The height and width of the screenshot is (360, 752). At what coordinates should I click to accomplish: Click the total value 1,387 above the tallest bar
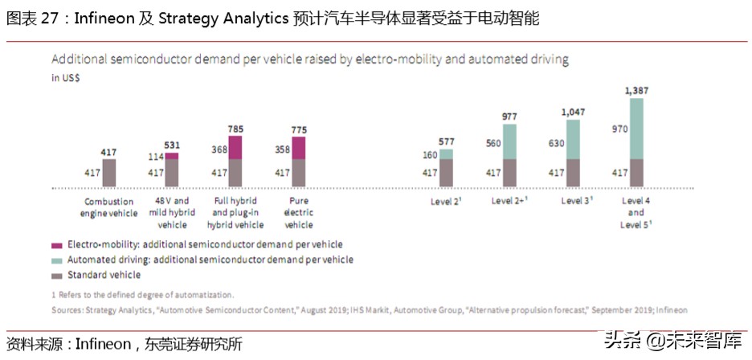636,90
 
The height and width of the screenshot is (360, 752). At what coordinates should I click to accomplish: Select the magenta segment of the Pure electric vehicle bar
298,148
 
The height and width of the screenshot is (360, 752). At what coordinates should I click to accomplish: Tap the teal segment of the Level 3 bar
573,140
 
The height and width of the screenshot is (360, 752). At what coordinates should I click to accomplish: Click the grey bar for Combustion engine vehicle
109,173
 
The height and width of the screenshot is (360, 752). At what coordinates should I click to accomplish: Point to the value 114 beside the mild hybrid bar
157,157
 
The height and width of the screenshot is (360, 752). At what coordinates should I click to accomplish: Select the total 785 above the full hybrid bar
235,129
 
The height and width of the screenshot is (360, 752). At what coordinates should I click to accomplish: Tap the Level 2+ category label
509,201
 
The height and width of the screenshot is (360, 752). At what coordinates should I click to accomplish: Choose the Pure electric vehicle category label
299,213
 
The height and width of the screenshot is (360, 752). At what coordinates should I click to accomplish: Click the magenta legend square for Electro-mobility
56,245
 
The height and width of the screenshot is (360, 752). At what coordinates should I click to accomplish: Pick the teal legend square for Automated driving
56,260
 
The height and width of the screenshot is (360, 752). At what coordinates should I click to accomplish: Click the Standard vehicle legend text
104,275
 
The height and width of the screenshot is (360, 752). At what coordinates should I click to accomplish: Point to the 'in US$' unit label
66,78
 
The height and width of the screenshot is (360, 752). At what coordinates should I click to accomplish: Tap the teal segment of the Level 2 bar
446,154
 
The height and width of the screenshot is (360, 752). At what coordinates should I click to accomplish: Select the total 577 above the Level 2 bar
446,141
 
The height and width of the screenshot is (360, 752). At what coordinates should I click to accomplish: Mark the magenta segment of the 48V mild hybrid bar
172,156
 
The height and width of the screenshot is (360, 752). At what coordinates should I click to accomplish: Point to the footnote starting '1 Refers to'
143,295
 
